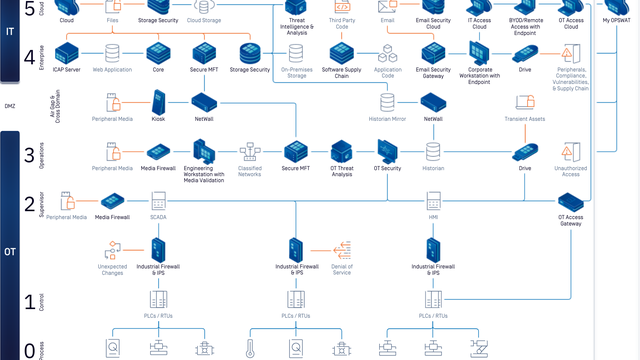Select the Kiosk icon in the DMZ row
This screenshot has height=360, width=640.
158,101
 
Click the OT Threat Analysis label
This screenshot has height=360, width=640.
343,172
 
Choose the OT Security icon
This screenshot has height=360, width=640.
389,150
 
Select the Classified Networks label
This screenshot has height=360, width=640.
250,172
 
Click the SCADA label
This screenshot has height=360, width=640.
158,216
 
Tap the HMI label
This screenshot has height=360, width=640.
434,216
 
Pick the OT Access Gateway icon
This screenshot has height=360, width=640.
570,201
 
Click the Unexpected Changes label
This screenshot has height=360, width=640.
112,270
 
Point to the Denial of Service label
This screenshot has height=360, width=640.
342,270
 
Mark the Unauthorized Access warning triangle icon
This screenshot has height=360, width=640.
569,151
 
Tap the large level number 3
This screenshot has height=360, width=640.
29,155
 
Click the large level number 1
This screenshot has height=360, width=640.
29,301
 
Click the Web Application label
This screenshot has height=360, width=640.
112,70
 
